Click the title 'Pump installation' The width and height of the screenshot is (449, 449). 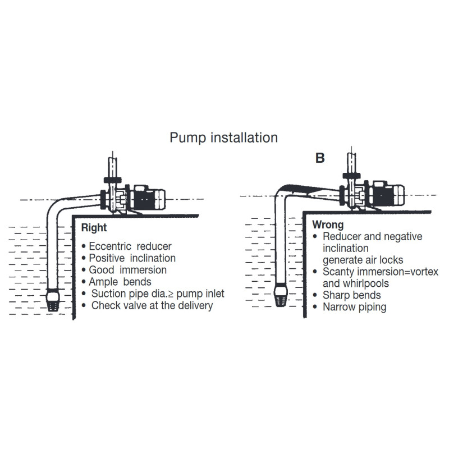[x=223, y=138]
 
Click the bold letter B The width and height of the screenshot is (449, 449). [x=320, y=158]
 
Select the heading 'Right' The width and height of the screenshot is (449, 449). [x=94, y=228]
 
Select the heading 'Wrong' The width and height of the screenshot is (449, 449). [x=328, y=225]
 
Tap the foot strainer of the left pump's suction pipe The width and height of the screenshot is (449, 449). [x=53, y=300]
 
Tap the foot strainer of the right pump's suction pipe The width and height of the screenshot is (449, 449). [x=281, y=295]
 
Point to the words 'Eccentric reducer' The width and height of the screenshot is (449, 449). [x=130, y=246]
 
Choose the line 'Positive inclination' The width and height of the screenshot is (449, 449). [x=132, y=258]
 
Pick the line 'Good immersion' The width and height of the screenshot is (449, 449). [x=128, y=270]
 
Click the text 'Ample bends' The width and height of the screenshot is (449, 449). [x=120, y=282]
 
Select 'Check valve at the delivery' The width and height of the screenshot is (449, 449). [x=152, y=305]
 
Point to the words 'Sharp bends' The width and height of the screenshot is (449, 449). [x=352, y=295]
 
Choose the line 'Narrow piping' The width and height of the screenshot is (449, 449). [x=355, y=307]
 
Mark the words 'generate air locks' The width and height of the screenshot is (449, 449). [x=363, y=260]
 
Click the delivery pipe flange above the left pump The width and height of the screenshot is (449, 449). [x=113, y=180]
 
